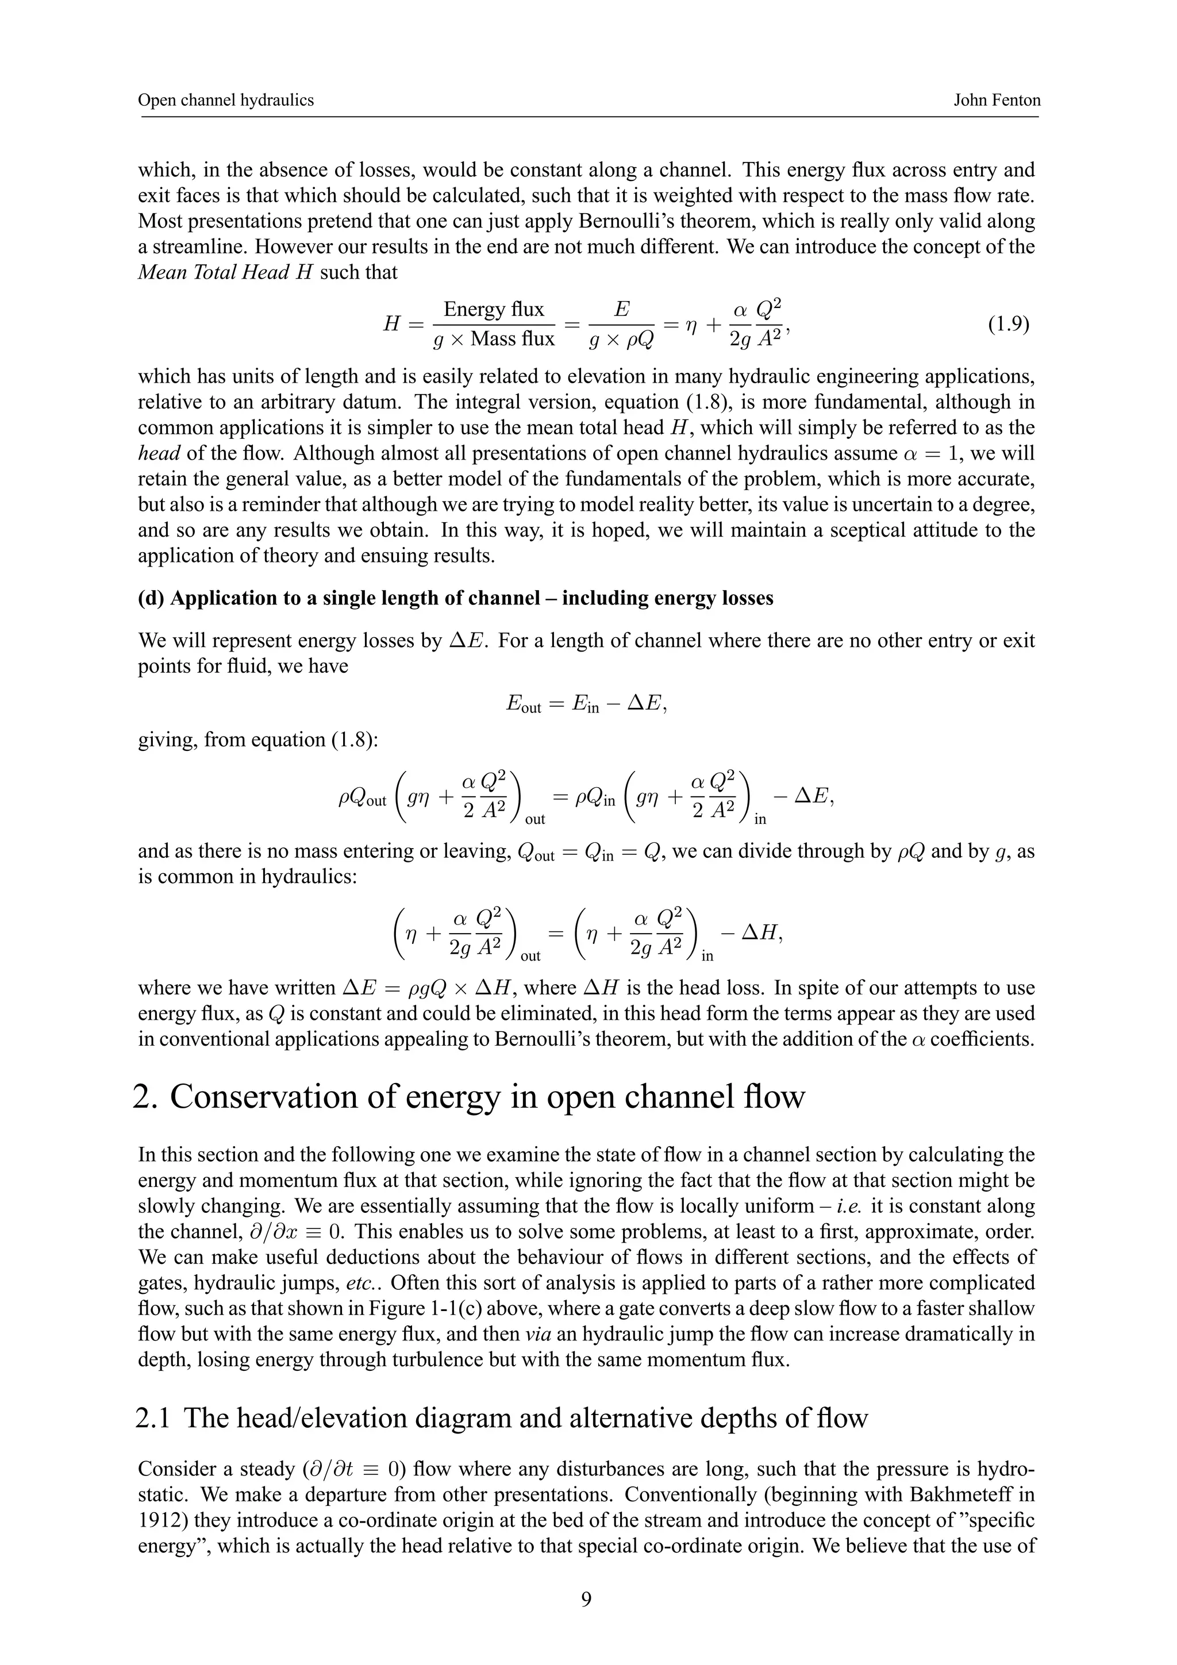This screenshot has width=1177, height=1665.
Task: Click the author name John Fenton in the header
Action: click(x=997, y=100)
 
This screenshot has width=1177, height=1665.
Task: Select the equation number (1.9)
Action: click(x=1008, y=323)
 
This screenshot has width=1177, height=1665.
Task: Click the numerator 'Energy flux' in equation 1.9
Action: click(x=493, y=310)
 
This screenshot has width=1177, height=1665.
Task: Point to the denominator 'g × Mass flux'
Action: click(x=493, y=338)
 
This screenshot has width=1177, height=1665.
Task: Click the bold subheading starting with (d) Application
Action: click(x=455, y=598)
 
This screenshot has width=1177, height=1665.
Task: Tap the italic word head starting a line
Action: click(x=159, y=453)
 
